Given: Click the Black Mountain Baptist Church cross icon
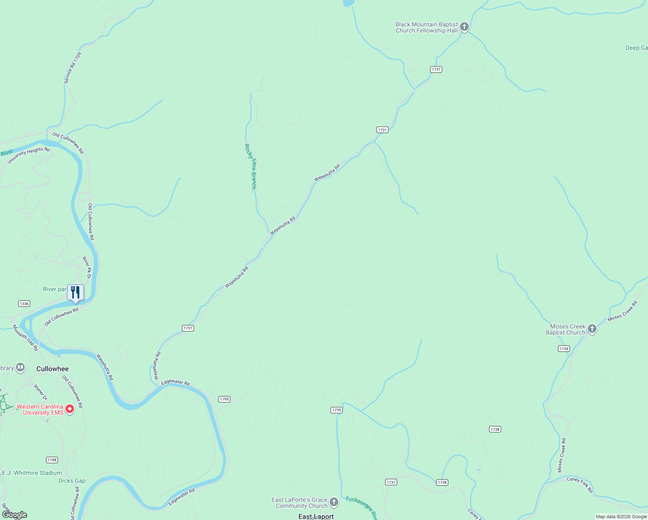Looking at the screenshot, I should (464, 27).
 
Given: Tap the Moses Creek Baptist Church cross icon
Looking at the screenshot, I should (592, 329).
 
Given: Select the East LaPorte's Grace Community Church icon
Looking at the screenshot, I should (334, 502).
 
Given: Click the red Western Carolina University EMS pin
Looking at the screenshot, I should (69, 409).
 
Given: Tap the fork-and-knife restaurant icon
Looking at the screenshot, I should (75, 292).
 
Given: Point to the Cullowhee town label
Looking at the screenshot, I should (52, 369).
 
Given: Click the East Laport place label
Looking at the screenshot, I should (316, 517).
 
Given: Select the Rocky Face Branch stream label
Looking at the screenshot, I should (250, 166).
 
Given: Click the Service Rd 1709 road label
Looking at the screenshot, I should (72, 68).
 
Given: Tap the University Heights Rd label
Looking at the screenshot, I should (29, 156).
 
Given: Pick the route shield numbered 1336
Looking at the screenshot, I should (24, 304).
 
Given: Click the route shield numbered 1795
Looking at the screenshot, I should (224, 399).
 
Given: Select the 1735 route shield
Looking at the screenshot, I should (337, 410).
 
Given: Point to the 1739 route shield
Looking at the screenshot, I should (564, 349).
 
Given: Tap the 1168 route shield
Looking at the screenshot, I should (52, 460).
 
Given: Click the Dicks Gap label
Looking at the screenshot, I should (72, 481).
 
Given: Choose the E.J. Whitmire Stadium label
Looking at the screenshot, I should (32, 473).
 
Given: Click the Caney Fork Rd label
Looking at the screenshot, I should (580, 484).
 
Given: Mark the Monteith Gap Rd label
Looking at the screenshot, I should (25, 338).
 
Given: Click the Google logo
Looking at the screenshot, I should (14, 515).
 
